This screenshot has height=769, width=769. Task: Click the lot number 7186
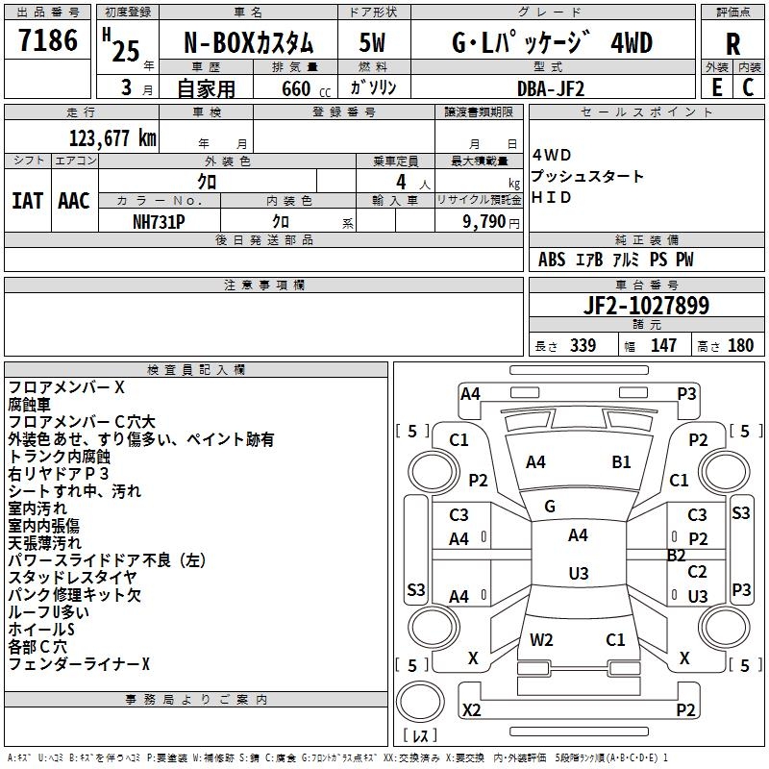(x=48, y=41)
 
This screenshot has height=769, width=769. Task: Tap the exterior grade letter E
(x=716, y=87)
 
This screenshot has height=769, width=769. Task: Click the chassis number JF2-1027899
(x=647, y=306)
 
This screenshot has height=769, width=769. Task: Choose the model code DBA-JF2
(x=550, y=87)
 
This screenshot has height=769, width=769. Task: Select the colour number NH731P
(x=159, y=221)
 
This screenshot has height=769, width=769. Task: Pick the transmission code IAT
(x=27, y=201)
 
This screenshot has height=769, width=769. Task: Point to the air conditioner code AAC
(x=74, y=201)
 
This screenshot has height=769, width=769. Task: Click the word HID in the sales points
(x=552, y=198)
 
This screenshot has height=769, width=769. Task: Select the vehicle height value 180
(x=740, y=345)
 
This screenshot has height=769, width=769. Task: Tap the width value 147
(x=663, y=345)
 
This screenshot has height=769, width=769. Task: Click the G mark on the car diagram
(x=550, y=506)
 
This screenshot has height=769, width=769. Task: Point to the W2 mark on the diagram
(x=541, y=639)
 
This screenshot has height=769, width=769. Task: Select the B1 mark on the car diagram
(x=621, y=461)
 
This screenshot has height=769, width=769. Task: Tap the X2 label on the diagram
(x=472, y=710)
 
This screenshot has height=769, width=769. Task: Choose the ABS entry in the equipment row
(x=552, y=260)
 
